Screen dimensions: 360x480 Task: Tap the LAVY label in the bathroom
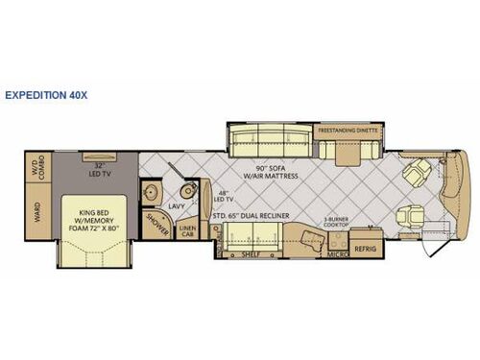(176, 204)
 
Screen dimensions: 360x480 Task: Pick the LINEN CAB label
(188, 231)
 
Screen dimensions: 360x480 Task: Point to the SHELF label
(252, 253)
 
